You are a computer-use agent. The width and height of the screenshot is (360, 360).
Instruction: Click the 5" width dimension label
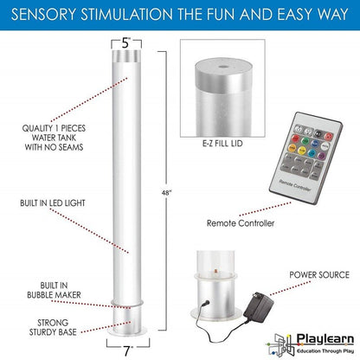pyautogui.click(x=126, y=43)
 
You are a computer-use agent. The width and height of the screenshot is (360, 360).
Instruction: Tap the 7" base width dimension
pyautogui.click(x=127, y=351)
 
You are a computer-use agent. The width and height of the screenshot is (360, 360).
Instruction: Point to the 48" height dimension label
pyautogui.click(x=166, y=193)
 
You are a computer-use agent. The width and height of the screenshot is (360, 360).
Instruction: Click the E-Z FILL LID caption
pyautogui.click(x=222, y=144)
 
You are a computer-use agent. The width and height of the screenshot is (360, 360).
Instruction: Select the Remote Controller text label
pyautogui.click(x=241, y=223)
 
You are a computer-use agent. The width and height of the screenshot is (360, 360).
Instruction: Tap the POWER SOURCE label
pyautogui.click(x=319, y=275)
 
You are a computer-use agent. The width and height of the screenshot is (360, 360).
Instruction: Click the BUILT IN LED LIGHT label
pyautogui.click(x=53, y=203)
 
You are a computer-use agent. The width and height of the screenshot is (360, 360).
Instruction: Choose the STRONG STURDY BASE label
pyautogui.click(x=53, y=327)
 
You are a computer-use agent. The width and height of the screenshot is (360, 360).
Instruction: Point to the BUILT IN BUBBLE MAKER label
pyautogui.click(x=54, y=290)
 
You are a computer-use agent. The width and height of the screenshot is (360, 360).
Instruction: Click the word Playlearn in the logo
pyautogui.click(x=325, y=339)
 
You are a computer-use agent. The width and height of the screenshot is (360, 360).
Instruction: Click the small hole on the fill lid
pyautogui.click(x=222, y=67)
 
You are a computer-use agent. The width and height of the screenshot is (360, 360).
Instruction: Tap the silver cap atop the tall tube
pyautogui.click(x=126, y=56)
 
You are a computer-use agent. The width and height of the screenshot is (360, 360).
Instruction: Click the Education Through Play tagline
pyautogui.click(x=325, y=351)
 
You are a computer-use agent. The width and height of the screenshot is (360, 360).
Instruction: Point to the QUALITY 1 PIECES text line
pyautogui.click(x=54, y=128)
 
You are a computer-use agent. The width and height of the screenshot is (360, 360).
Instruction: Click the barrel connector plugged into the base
pyautogui.click(x=205, y=304)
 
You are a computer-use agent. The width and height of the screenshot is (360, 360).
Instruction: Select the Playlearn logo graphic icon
pyautogui.click(x=280, y=344)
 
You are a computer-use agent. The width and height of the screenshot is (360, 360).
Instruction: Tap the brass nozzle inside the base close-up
pyautogui.click(x=215, y=272)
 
